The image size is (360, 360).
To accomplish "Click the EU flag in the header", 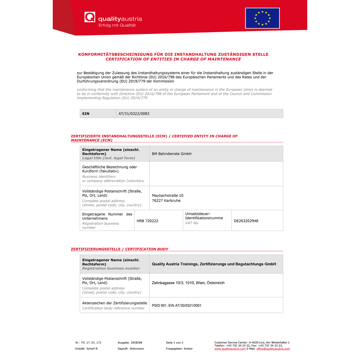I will (262, 18).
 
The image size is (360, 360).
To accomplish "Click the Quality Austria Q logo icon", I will (90, 17).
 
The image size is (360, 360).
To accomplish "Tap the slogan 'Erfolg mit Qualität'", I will (117, 25).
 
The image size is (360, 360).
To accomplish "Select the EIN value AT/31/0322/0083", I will (134, 114).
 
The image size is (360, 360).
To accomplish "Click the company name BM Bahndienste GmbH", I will (172, 154).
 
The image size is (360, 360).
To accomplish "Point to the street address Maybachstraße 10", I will (168, 196).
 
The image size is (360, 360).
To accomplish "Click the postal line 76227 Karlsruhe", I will (166, 201).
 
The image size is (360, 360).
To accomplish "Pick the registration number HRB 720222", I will (148, 221).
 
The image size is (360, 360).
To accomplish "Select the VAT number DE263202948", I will (246, 221).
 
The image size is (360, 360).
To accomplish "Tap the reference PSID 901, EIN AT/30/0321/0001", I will (176, 306).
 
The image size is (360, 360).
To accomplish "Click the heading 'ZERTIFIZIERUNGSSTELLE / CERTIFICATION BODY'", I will (120, 249).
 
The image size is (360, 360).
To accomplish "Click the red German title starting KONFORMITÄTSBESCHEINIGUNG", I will (173, 54).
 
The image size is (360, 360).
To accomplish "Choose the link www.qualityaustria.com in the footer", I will (230, 349).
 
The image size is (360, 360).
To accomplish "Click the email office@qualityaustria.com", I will (273, 349).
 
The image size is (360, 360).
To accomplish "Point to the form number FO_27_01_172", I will (88, 343).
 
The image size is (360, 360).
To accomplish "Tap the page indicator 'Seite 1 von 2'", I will (174, 343).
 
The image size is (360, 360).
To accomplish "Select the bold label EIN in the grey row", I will (86, 114).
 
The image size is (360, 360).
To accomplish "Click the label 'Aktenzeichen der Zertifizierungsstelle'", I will (115, 303).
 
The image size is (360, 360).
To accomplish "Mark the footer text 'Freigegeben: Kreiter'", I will (179, 349).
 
